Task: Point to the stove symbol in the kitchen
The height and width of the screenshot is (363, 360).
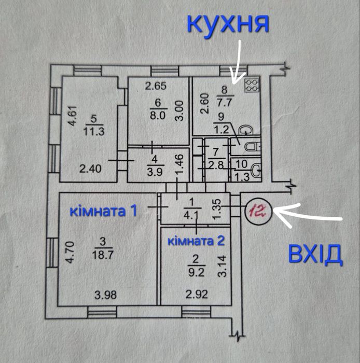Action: coord(252,85)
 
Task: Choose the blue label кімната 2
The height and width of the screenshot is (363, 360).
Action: coord(196,241)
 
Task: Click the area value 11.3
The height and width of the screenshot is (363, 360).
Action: coord(94,131)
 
